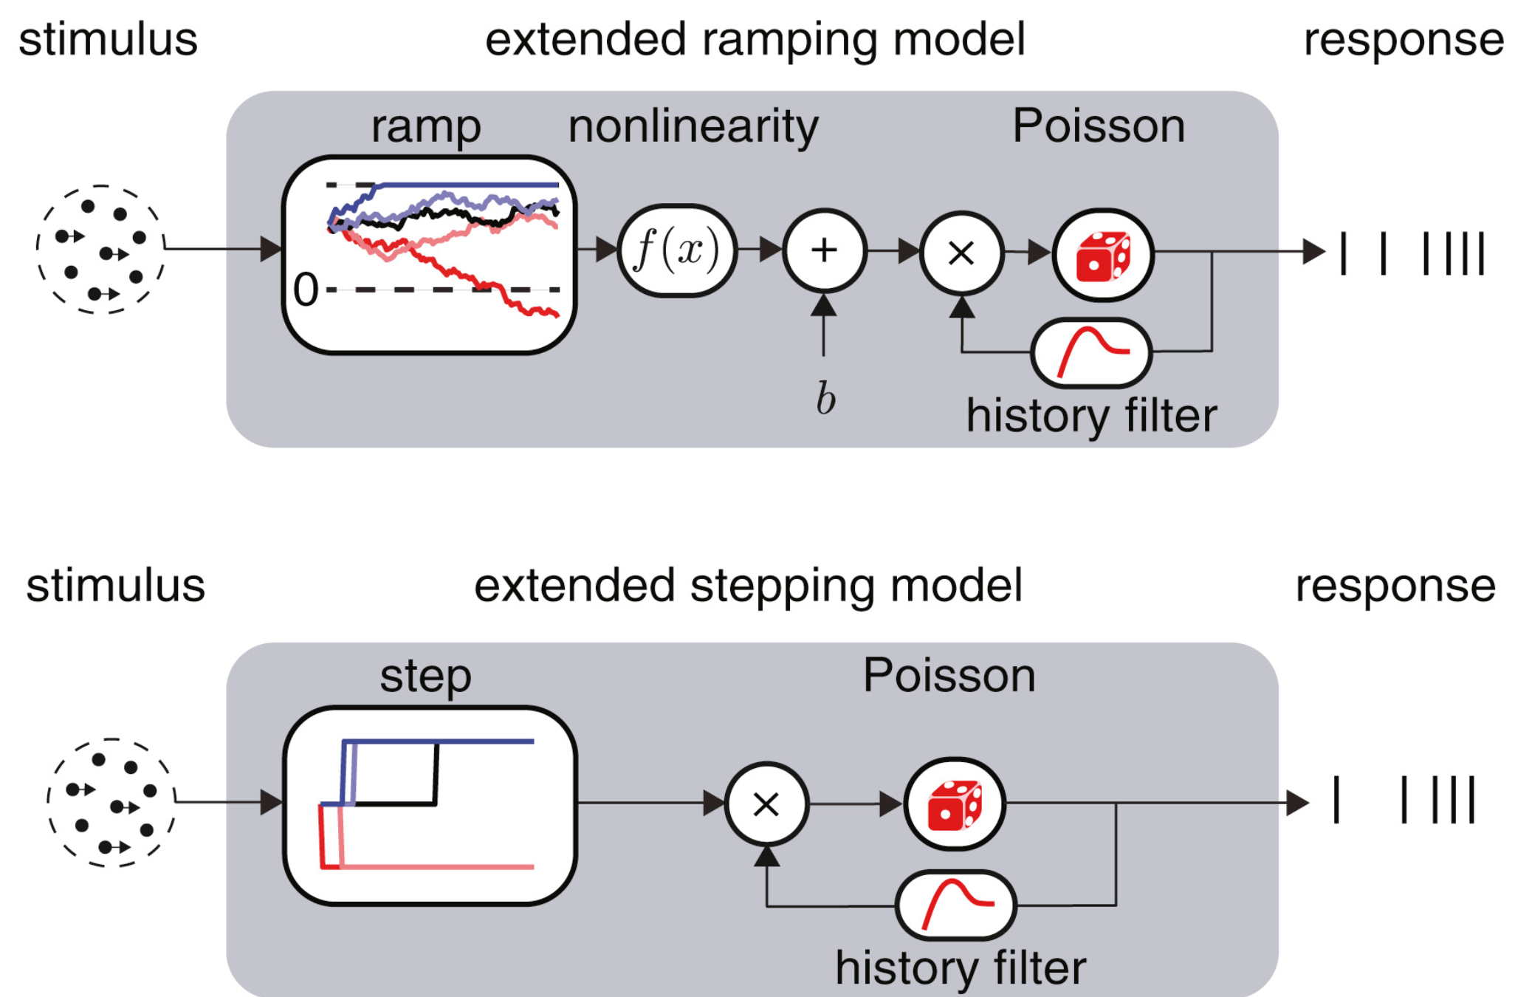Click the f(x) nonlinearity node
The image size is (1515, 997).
click(677, 250)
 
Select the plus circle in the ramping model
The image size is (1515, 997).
click(824, 250)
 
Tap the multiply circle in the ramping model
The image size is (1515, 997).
click(961, 253)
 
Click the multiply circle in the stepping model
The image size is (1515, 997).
click(766, 804)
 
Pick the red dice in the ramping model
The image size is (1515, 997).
click(1103, 255)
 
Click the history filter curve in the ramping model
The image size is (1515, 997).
click(1091, 353)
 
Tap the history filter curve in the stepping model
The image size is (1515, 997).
click(956, 905)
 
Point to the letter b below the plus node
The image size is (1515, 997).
click(825, 399)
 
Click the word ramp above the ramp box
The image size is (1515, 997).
click(426, 126)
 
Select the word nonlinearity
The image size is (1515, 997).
click(693, 126)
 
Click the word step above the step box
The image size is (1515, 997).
click(425, 676)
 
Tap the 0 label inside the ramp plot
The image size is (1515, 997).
click(306, 289)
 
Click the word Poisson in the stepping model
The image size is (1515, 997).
click(949, 675)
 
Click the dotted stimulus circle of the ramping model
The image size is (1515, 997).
click(100, 250)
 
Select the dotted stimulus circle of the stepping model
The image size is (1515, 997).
click(111, 803)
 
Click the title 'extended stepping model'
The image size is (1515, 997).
click(748, 586)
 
